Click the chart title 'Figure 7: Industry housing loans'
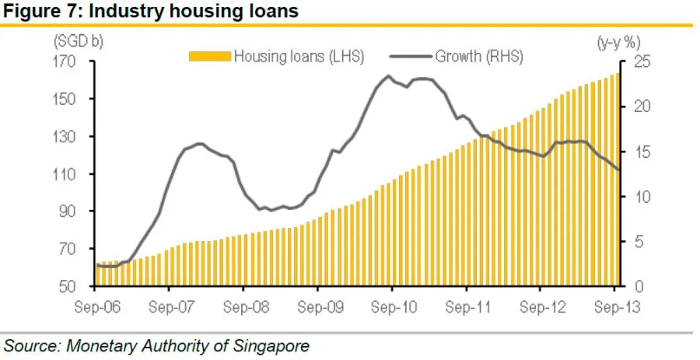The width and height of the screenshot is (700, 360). (151, 12)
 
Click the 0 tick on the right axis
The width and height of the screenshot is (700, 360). (633, 287)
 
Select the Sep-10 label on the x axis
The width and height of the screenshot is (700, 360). (393, 307)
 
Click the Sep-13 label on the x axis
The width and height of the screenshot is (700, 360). (615, 307)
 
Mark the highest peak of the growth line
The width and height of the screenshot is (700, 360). (388, 76)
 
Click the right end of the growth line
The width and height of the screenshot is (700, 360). (619, 170)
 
